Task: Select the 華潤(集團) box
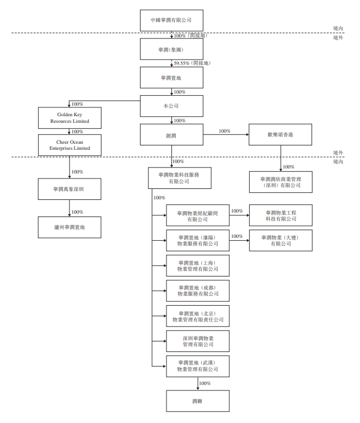coord(171,48)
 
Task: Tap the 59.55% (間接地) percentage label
coord(192,63)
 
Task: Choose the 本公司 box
coord(171,106)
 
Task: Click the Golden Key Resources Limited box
coord(69,117)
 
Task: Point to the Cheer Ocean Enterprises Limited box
coord(69,145)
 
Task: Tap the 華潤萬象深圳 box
coord(69,189)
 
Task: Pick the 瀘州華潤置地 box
coord(69,227)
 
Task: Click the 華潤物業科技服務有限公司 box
coord(179,178)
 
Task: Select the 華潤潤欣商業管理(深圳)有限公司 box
coord(281,182)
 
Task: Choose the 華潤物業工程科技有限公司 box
coord(281,215)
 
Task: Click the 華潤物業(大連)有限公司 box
coord(281,241)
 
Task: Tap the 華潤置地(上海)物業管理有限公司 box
coord(198,265)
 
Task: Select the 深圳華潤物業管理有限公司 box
coord(198,341)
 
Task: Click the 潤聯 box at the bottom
coord(198,401)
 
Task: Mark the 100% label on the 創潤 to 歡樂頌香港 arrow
coord(224,131)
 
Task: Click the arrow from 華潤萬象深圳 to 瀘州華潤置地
coord(69,208)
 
